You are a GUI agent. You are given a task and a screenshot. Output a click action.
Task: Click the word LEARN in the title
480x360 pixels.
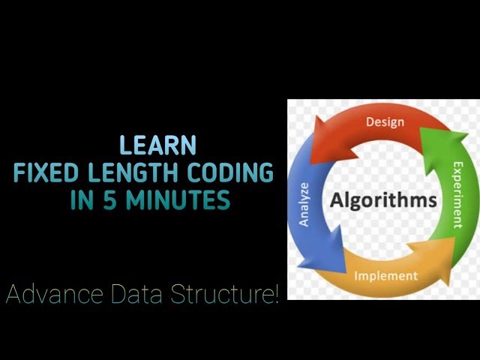158,145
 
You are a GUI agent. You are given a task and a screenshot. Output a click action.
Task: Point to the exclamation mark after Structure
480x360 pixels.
275,294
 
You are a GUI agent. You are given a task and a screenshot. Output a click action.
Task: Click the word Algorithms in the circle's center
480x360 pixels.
383,200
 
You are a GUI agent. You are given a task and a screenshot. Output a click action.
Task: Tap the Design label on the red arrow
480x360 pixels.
385,122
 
